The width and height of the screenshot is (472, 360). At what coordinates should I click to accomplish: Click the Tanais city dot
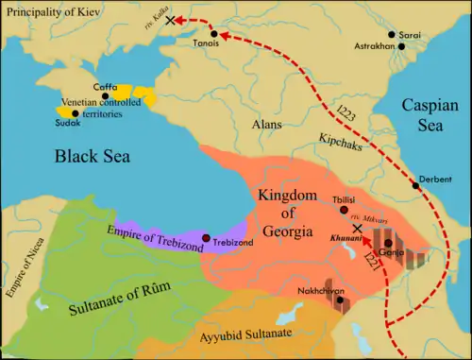tap(215, 34)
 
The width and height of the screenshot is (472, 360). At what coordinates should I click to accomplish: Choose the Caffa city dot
tap(106, 95)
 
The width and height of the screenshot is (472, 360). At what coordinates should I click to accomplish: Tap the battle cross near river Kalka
tap(170, 20)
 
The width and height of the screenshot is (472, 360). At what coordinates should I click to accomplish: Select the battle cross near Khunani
tap(357, 229)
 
